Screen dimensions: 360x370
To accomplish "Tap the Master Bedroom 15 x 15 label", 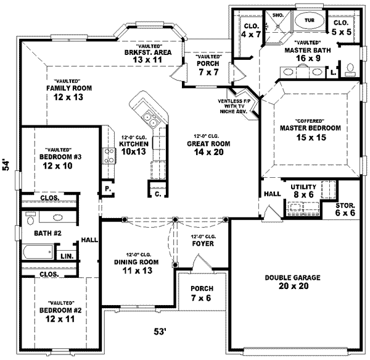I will pos(310,132).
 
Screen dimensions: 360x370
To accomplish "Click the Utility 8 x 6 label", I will pos(303,190).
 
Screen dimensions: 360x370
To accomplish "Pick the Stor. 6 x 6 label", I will pos(345,209).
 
